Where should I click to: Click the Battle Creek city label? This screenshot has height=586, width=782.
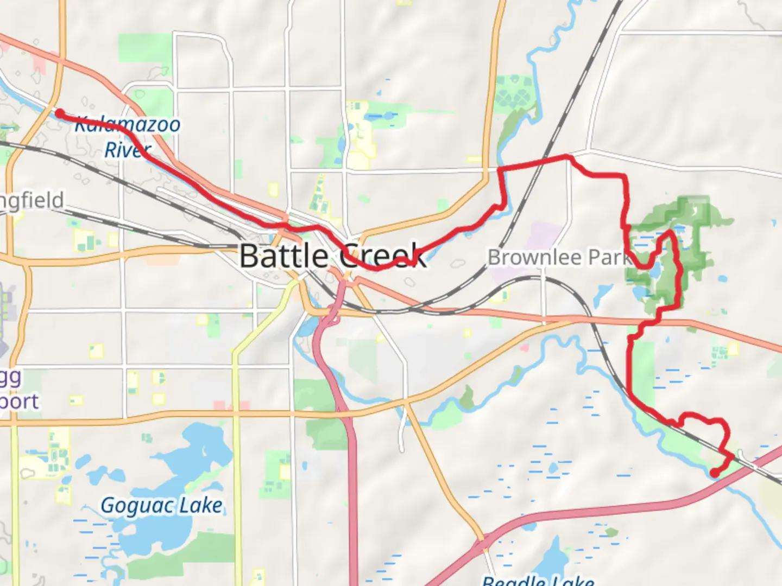coord(332,256)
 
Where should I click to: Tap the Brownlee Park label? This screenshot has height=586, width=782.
coord(559,257)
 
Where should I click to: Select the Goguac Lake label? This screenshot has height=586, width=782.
coord(161,506)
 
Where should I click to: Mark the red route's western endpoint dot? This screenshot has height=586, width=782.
coord(60,113)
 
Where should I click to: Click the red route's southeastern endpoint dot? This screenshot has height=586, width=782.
coord(715,474)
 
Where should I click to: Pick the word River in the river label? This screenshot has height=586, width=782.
coord(127,150)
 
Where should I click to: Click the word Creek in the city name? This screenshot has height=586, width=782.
coord(383,256)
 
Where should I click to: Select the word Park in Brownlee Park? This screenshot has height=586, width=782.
coord(611,257)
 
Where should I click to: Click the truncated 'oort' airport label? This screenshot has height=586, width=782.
coord(19,402)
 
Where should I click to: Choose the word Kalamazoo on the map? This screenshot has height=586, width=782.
coord(127,124)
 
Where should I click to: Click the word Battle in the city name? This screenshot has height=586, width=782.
coord(283,256)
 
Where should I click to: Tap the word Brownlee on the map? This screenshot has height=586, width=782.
coord(535,257)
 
